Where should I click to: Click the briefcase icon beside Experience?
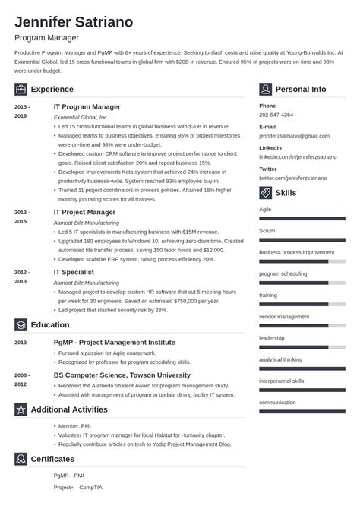21,89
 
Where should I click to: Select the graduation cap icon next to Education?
21,324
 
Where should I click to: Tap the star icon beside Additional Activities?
21,409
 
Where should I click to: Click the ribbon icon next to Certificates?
21,459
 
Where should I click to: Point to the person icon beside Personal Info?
265,89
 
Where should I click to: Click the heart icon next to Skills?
265,193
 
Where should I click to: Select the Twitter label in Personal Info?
267,168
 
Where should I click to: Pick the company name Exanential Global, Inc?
81,118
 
